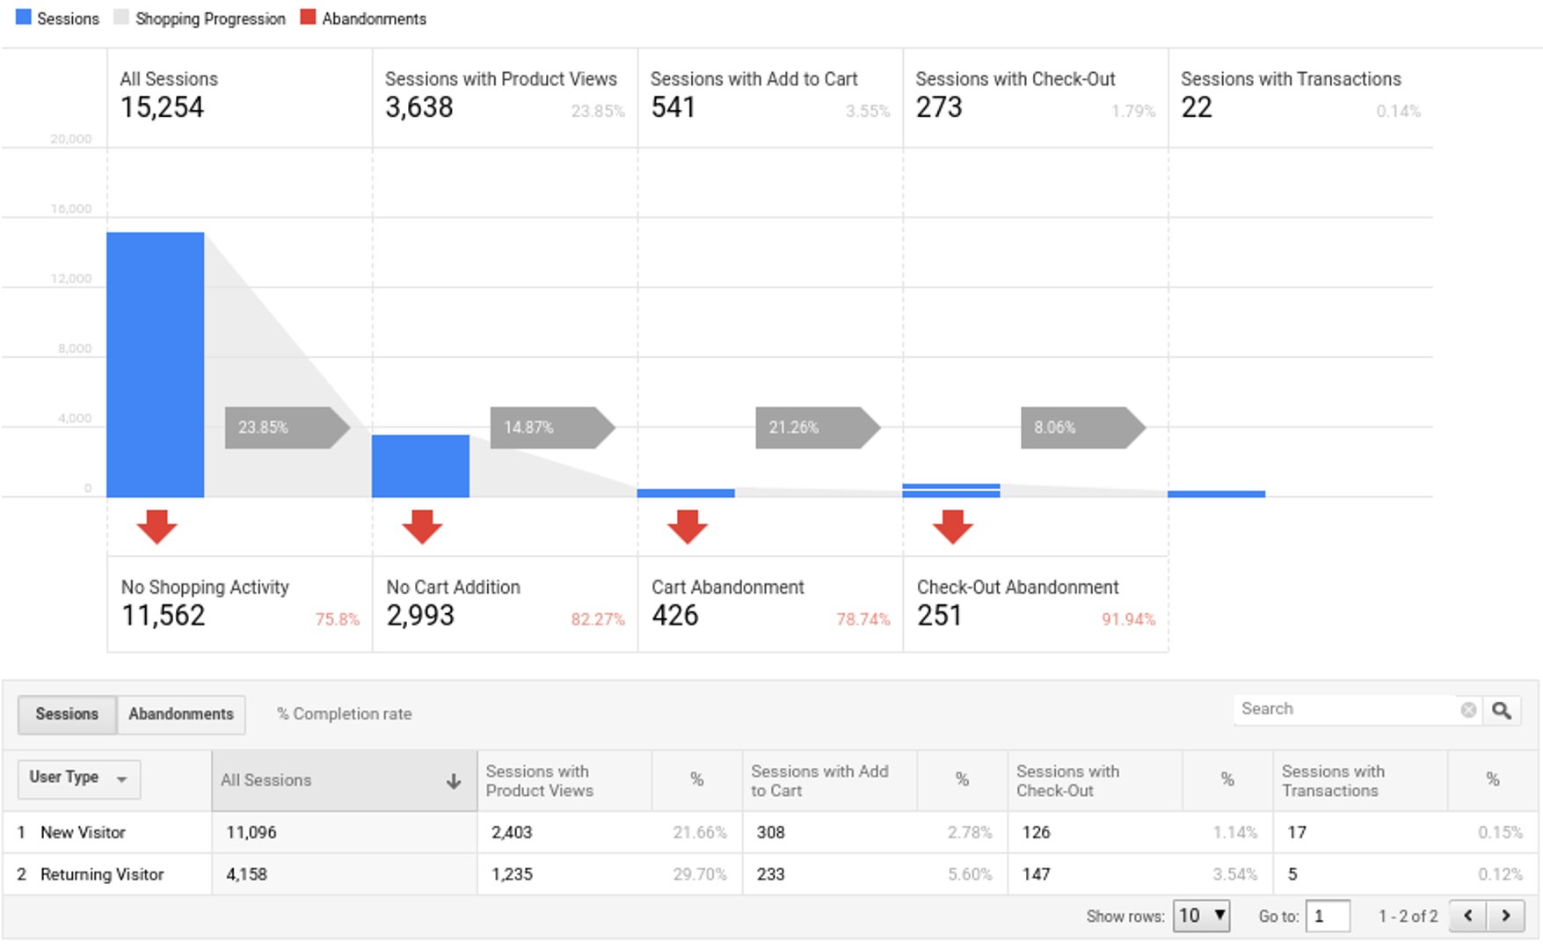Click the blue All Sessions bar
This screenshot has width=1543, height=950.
tap(156, 365)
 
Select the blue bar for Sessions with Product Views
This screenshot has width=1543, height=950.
tap(420, 466)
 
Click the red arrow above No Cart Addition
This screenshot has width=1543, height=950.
tap(422, 527)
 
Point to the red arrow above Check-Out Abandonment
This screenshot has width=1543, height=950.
tap(952, 527)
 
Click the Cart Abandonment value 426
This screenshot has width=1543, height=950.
tap(674, 616)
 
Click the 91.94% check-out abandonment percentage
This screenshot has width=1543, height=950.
tap(1127, 619)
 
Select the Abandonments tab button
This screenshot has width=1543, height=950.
tap(181, 714)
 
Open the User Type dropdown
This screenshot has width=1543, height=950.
tap(79, 778)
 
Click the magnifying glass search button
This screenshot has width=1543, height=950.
tap(1502, 710)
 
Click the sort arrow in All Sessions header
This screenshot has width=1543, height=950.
tap(454, 781)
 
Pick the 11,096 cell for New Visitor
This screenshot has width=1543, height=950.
tap(251, 832)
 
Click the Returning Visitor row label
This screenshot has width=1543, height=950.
tap(102, 874)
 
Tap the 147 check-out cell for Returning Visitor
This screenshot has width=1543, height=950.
tap(1036, 874)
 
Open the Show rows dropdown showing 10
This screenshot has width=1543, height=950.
tap(1201, 916)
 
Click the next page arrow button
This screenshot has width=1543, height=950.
tap(1505, 916)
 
